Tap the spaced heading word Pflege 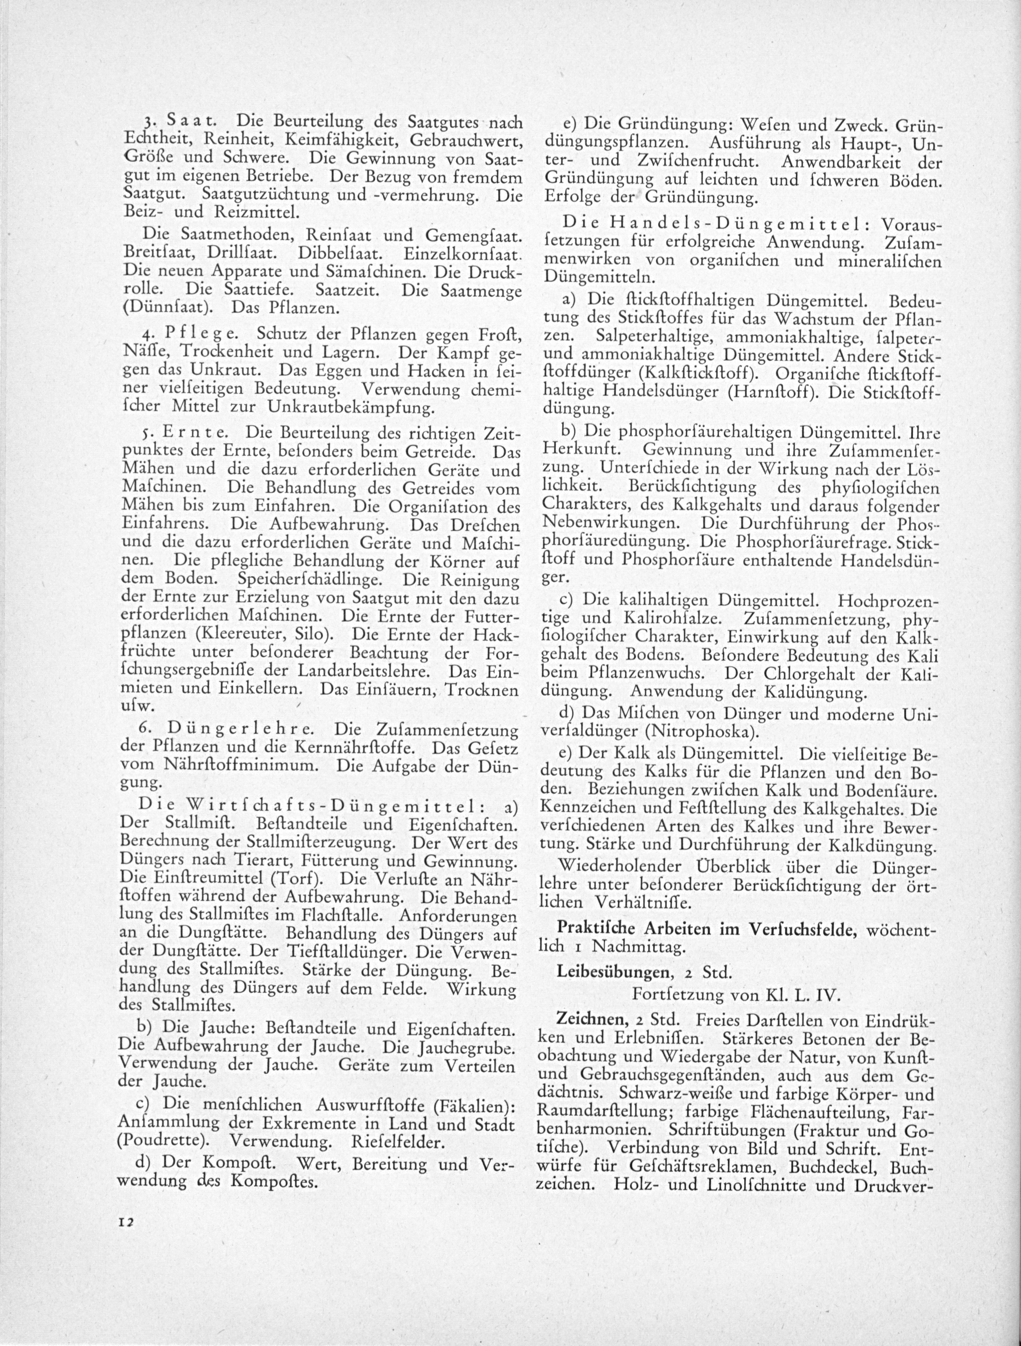click(x=204, y=334)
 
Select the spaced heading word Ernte click(x=198, y=433)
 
